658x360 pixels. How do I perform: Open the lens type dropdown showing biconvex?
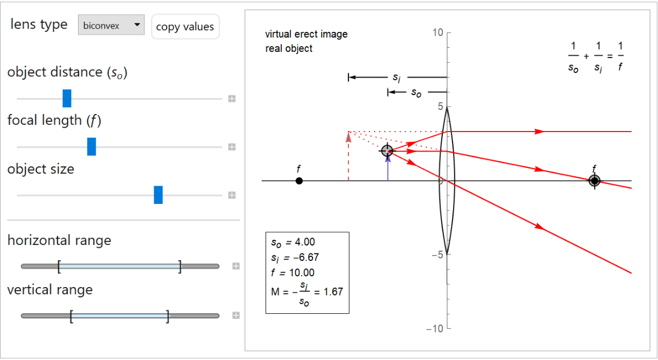point(111,25)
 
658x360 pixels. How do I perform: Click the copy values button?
point(185,27)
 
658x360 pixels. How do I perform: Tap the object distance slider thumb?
point(67,99)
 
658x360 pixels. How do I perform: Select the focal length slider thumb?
point(91,146)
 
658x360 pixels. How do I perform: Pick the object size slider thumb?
point(158,195)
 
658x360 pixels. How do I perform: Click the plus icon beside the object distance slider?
point(232,99)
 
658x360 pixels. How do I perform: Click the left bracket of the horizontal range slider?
point(59,266)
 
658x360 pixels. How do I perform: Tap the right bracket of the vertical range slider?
point(167,316)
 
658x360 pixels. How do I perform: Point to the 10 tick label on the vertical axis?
point(437,33)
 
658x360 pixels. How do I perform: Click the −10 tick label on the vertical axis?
point(435,329)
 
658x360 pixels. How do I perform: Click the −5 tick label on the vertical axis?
point(437,255)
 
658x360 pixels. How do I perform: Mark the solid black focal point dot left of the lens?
point(299,181)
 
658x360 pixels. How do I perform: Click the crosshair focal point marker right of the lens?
point(595,181)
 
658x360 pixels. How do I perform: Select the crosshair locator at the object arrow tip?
point(387,151)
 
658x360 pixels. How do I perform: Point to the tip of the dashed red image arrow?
point(348,134)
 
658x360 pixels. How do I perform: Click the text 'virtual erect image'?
point(306,34)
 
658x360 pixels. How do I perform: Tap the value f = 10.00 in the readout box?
point(293,273)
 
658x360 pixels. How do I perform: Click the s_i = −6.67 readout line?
point(295,257)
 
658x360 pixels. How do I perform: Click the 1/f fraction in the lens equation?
point(620,56)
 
